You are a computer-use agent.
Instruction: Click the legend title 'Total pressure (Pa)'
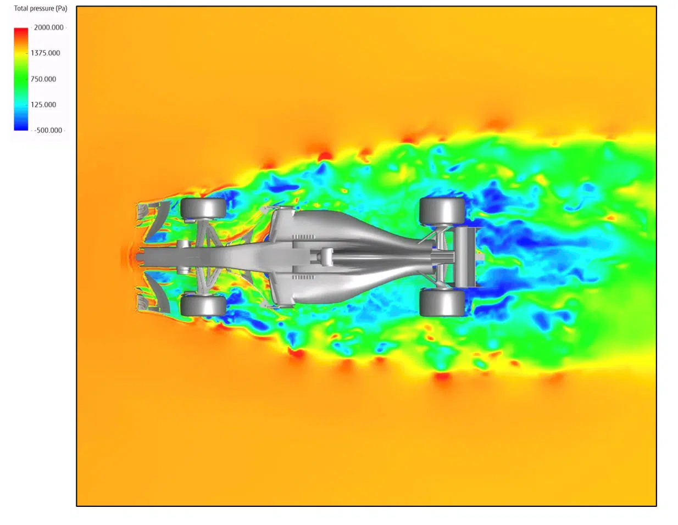click(41, 8)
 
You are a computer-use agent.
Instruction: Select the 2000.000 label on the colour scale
click(49, 27)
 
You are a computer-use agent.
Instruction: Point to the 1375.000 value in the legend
click(45, 53)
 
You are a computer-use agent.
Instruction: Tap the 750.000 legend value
click(43, 79)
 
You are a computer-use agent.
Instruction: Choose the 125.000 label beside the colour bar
click(43, 105)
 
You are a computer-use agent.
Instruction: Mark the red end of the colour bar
click(21, 30)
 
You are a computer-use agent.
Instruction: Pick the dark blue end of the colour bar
click(21, 127)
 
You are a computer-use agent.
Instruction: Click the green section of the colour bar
click(21, 79)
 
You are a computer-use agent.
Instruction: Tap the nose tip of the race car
click(137, 257)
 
